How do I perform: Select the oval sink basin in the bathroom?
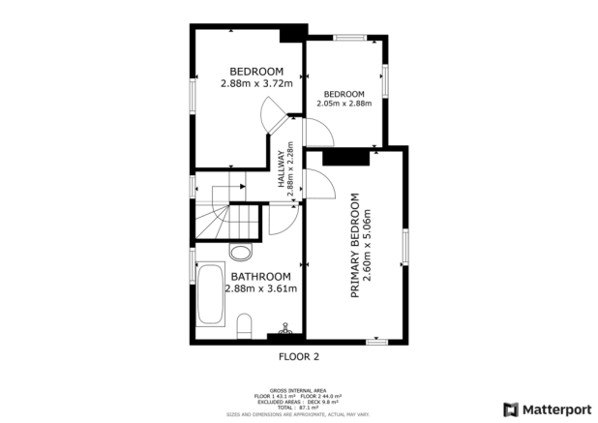[x=241, y=253]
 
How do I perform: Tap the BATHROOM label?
[x=260, y=276]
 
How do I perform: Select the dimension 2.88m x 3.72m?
[x=255, y=83]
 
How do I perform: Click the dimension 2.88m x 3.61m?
[x=260, y=288]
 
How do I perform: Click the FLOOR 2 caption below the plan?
[x=298, y=356]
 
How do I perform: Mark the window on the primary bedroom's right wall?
[x=406, y=249]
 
